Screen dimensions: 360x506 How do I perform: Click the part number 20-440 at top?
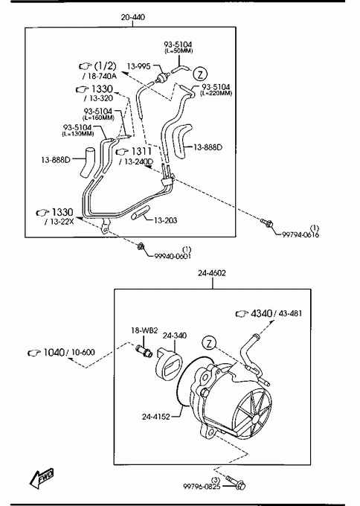tap(133, 17)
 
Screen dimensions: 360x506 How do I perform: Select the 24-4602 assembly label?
tap(212, 273)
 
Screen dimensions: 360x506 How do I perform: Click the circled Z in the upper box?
tap(200, 74)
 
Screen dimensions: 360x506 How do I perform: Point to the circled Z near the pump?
tap(209, 343)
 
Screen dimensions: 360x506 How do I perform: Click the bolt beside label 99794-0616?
tap(268, 222)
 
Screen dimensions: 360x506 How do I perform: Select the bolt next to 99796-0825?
tap(237, 482)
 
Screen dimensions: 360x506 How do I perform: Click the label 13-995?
tap(138, 66)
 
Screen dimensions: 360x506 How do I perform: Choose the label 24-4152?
tap(155, 417)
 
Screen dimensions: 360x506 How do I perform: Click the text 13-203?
tap(165, 220)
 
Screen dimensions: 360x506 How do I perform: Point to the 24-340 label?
tap(175, 336)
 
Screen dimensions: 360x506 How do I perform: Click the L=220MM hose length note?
tap(216, 93)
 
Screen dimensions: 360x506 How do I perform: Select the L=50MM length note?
tap(179, 51)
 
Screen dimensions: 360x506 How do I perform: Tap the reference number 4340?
tap(261, 313)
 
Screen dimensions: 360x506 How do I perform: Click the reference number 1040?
tap(54, 353)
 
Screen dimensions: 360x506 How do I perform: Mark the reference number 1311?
tap(141, 151)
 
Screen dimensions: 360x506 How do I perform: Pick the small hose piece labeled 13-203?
tap(140, 213)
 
